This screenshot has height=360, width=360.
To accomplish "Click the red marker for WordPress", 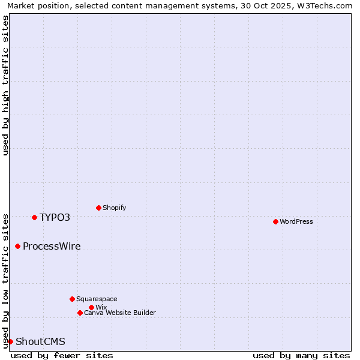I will click(x=275, y=221).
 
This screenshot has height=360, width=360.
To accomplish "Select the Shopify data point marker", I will click(x=98, y=208).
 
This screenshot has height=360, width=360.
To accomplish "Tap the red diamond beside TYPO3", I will click(x=34, y=217).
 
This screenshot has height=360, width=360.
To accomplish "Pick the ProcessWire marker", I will click(x=17, y=246).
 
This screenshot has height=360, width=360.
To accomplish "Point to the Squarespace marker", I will click(x=72, y=299).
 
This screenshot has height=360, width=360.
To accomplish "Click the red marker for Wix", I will click(x=91, y=307).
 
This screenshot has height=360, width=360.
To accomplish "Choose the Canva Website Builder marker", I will click(x=80, y=313).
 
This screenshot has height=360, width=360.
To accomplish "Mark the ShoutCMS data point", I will click(x=10, y=341).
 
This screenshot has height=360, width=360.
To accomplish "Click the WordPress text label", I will click(x=296, y=221).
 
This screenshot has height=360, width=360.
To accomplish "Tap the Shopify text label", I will click(x=114, y=208).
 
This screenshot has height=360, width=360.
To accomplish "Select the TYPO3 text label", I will click(x=55, y=217).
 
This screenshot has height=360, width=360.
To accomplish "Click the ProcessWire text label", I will click(x=52, y=246).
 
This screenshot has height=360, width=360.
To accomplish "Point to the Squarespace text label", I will click(x=97, y=299).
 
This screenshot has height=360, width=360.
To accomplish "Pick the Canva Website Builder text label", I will click(x=119, y=313).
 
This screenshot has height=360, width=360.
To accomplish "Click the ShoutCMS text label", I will click(x=40, y=341).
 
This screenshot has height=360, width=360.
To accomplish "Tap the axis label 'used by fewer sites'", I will click(x=62, y=355).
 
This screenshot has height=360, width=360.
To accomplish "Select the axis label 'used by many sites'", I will click(x=301, y=355).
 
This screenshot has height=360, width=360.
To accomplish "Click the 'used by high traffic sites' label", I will click(x=5, y=85).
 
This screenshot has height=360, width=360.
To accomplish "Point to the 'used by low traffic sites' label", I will click(x=5, y=280).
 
